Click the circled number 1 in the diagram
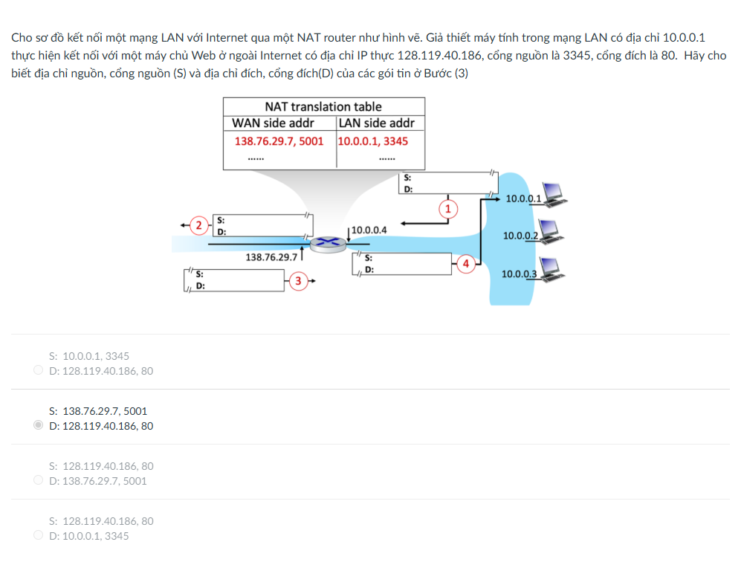coord(448,209)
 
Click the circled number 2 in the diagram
coord(198,225)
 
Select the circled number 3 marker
coord(298,281)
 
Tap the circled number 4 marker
coord(466,264)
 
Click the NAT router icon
coord(328,244)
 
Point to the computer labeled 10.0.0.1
coord(554,195)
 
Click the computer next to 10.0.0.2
coord(551,232)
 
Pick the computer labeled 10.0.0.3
coord(551,270)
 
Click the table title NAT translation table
coord(323,107)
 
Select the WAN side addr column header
coord(273,123)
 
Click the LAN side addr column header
coord(377,123)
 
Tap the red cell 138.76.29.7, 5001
coord(279,141)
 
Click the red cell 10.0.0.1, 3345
coord(373,141)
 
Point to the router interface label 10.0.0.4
coord(369,230)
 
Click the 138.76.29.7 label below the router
coord(271,257)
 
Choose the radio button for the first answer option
coord(39,369)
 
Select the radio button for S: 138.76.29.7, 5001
coord(39,424)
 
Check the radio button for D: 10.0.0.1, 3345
coord(39,535)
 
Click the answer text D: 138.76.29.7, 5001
coord(98,481)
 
